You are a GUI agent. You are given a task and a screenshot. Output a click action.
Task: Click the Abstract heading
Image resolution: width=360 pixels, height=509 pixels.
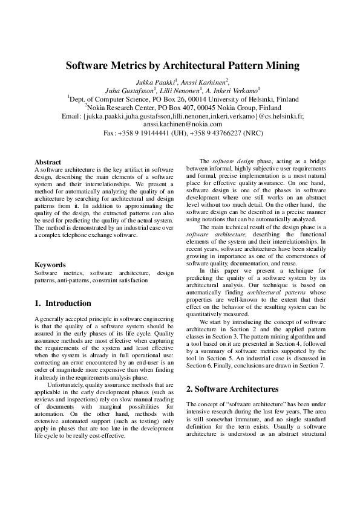pyautogui.click(x=48, y=162)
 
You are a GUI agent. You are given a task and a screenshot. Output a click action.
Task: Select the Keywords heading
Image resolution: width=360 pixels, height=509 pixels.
pyautogui.click(x=50, y=265)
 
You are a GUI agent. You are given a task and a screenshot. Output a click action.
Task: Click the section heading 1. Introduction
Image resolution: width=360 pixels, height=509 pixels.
pyautogui.click(x=63, y=303)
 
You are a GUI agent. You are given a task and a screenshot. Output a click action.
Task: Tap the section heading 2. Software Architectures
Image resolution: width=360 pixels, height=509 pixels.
pyautogui.click(x=232, y=389)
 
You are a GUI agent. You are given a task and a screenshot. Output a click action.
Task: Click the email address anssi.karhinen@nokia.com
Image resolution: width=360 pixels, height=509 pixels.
pyautogui.click(x=180, y=124)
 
